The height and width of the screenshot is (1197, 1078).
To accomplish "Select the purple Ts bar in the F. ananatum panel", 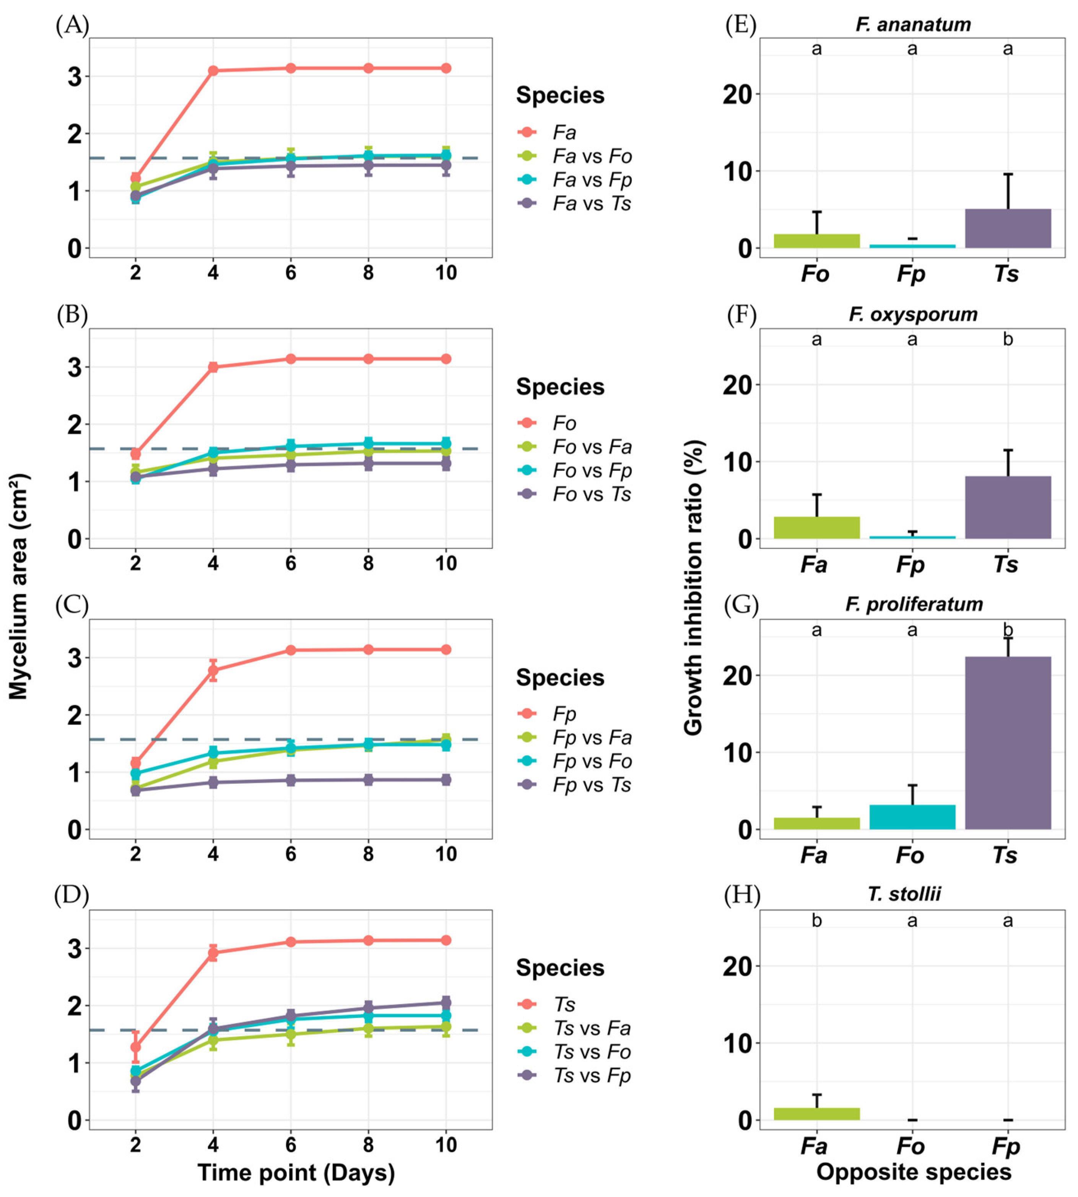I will [1008, 229].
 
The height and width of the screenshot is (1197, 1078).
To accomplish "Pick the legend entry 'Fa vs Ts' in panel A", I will [591, 203].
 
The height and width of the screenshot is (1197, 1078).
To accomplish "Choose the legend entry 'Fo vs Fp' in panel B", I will [591, 471].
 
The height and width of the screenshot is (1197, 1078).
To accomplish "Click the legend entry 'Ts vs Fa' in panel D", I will [591, 1028].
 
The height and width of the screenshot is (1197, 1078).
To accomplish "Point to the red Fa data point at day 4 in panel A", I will [213, 70].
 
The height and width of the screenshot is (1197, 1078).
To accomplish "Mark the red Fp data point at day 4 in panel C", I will [213, 671].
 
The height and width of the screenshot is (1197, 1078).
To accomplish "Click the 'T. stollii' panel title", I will [904, 894].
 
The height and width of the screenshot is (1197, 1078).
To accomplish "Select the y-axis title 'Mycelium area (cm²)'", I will [19, 587].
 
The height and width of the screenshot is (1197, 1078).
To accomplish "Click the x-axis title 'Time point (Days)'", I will [296, 1172].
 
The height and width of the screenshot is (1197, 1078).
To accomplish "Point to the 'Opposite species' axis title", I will [913, 1171].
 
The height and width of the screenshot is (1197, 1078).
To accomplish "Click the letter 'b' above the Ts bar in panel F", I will [1008, 340].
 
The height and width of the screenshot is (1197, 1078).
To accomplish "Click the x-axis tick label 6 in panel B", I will [290, 563].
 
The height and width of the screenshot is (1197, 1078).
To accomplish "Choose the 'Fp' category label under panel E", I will [911, 274].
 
